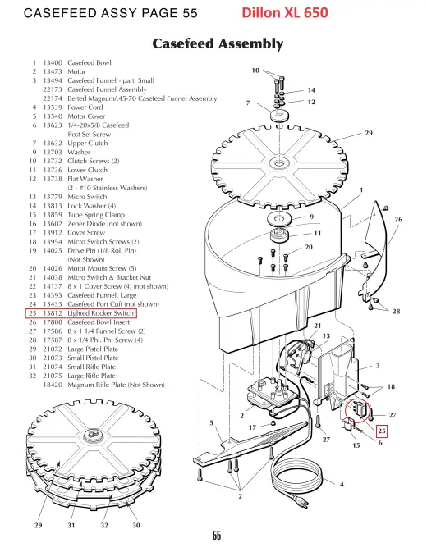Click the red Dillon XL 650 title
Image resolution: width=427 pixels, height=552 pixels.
click(285, 13)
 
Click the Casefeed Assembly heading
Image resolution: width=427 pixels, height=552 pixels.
click(218, 44)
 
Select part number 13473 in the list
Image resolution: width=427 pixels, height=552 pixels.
click(53, 71)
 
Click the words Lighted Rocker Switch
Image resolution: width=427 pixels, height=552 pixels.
click(101, 313)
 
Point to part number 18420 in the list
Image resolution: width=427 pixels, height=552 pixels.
click(53, 385)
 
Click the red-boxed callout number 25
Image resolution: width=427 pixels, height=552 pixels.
click(382, 431)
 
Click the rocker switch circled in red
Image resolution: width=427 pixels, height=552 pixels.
click(360, 411)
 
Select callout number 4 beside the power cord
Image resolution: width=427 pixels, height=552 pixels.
click(342, 485)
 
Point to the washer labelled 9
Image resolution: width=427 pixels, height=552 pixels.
click(279, 219)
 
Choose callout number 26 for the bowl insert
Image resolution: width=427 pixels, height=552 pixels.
click(398, 219)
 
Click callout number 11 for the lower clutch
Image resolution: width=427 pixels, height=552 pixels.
click(318, 234)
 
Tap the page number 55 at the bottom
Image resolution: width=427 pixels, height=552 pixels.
click(217, 536)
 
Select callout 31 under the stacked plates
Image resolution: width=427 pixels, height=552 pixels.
click(71, 525)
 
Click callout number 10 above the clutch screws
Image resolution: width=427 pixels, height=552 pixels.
click(255, 71)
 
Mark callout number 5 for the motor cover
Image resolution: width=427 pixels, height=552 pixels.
click(211, 422)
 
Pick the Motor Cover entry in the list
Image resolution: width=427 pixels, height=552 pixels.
click(86, 116)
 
